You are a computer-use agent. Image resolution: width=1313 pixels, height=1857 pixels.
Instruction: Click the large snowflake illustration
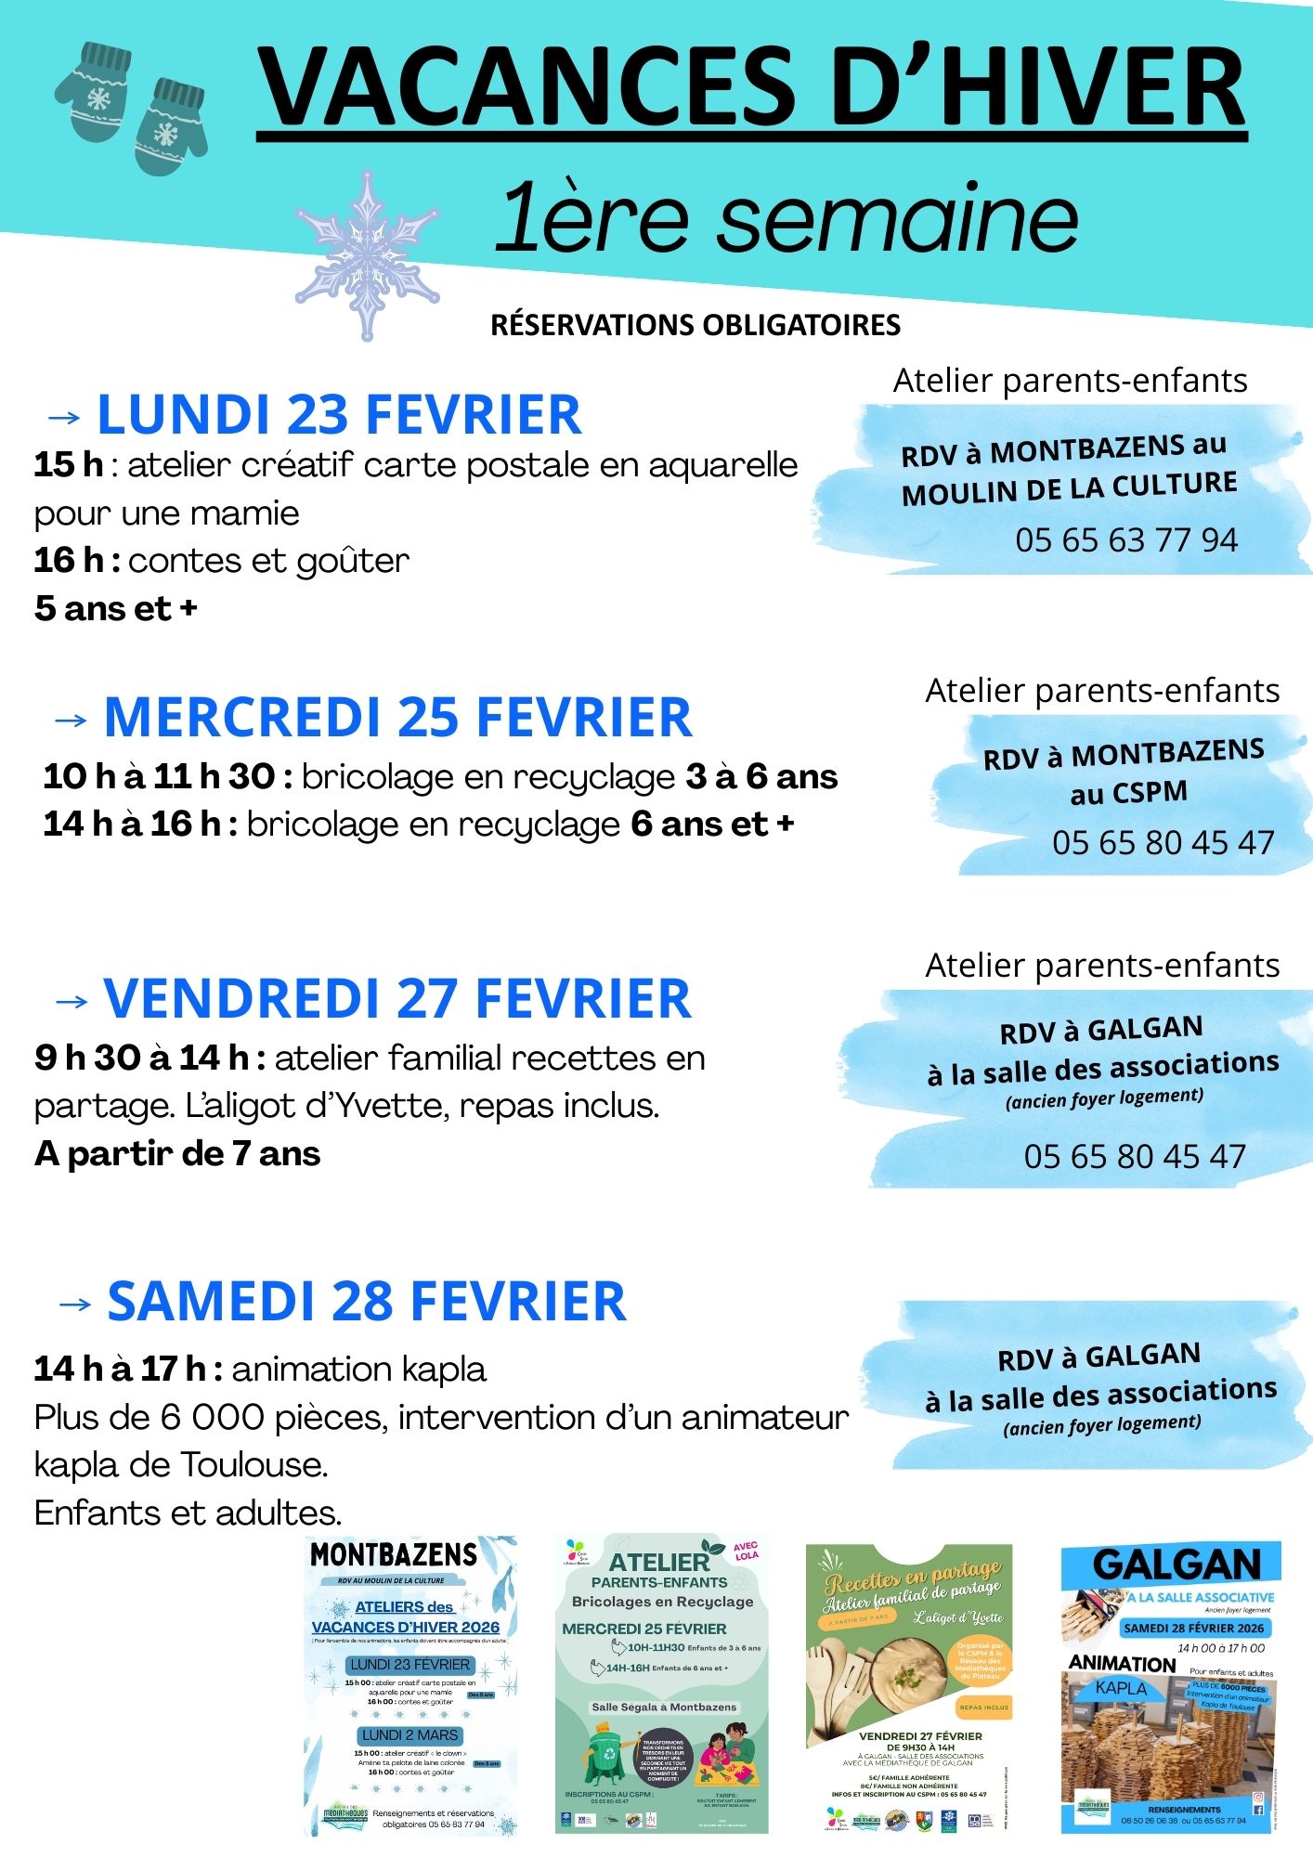[x=367, y=254]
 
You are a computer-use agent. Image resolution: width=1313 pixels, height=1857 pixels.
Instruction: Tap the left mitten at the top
[x=94, y=93]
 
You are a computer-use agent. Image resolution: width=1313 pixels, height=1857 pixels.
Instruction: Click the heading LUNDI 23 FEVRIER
[x=339, y=414]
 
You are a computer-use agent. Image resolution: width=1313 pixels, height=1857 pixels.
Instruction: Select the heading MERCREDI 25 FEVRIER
[x=397, y=718]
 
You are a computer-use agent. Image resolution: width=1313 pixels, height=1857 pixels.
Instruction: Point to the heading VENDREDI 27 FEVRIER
[x=397, y=999]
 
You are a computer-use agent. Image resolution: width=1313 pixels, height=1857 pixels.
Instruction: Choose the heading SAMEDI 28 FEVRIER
[x=367, y=1302]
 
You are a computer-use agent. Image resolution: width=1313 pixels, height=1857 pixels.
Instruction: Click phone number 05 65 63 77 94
[x=1125, y=540]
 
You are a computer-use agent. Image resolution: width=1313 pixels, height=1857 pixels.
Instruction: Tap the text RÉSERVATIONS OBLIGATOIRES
[x=695, y=325]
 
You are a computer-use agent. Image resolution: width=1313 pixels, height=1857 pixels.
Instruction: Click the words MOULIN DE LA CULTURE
[x=1069, y=488]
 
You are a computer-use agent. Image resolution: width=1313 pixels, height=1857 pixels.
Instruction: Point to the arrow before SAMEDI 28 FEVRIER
[x=74, y=1304]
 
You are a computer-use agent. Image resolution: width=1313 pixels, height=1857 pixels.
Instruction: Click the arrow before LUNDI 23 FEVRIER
[x=63, y=417]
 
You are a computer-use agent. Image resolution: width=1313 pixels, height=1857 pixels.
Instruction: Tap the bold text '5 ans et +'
[x=116, y=609]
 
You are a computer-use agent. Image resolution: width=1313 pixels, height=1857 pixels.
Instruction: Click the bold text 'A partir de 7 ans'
[x=177, y=1154]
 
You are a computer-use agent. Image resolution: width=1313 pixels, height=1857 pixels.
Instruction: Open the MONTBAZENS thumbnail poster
[x=410, y=1685]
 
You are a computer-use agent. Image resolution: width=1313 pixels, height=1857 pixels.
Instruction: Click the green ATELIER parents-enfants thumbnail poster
[x=661, y=1685]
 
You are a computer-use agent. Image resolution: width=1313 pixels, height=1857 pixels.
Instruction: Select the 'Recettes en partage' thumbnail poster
[x=909, y=1685]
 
